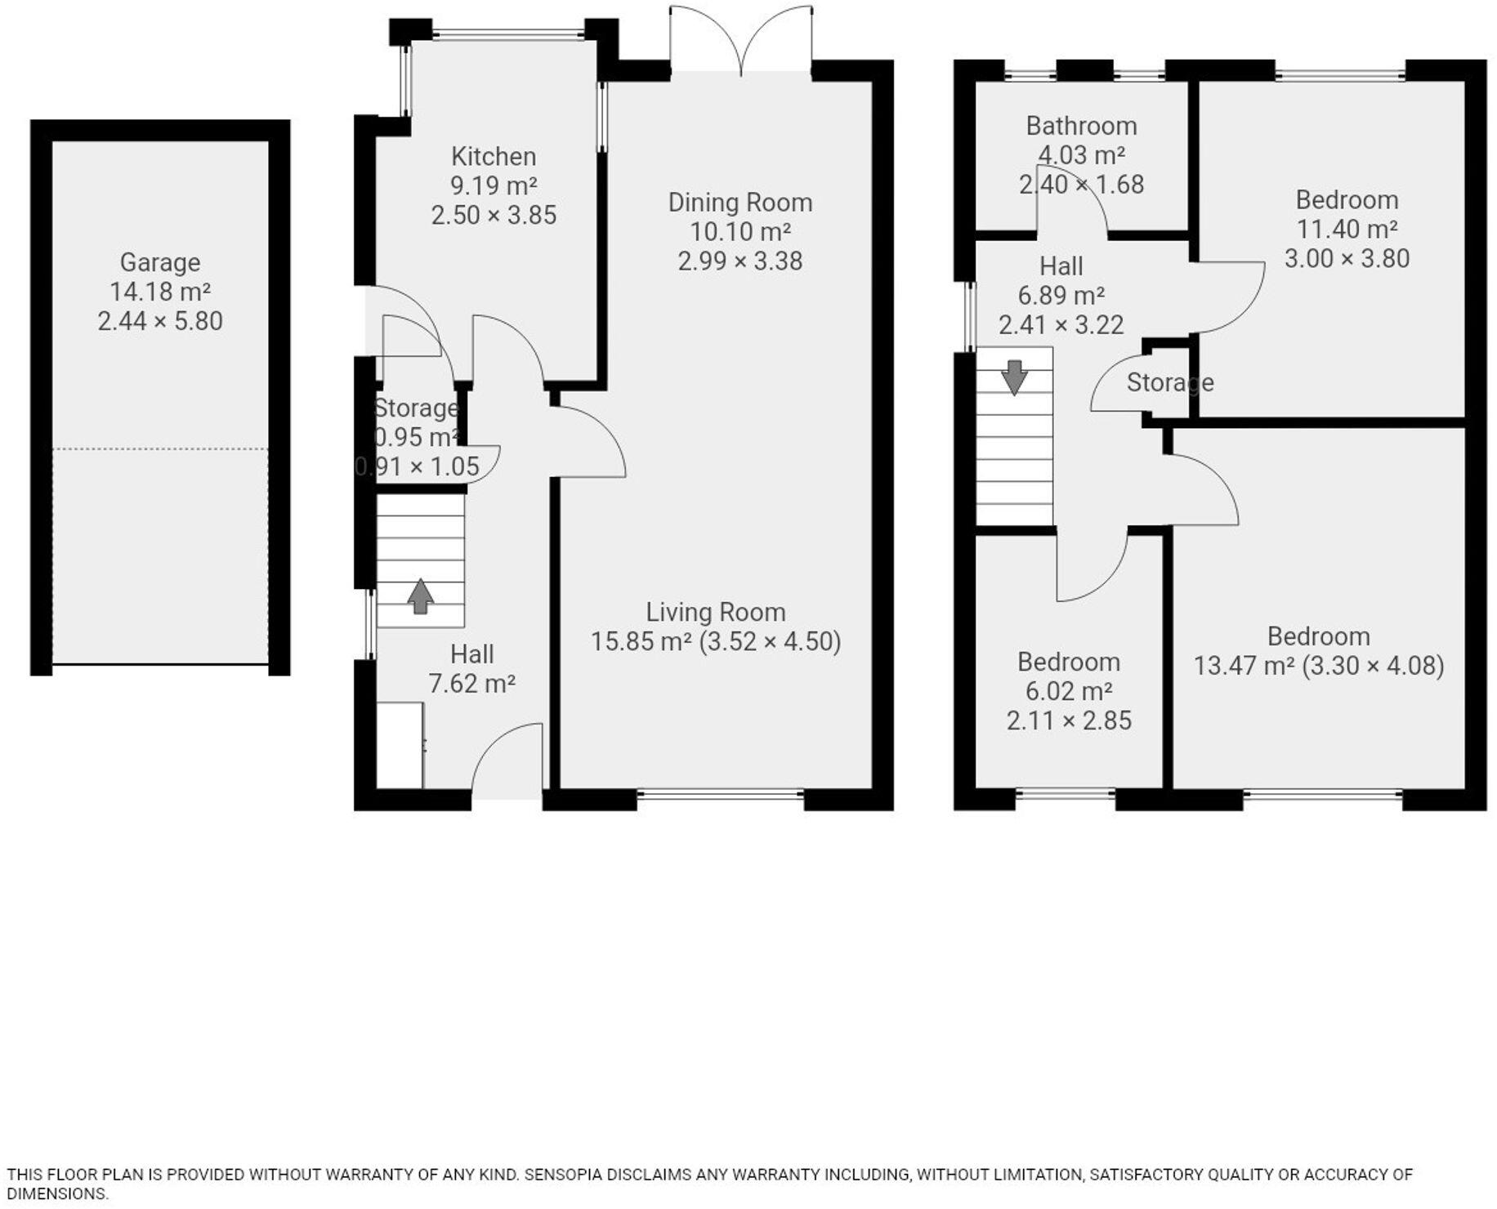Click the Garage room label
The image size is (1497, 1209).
160,262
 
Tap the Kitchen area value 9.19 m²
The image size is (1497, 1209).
494,185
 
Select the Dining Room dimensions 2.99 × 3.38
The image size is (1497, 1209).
740,261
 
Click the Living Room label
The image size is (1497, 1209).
716,612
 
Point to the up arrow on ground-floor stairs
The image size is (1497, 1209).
420,596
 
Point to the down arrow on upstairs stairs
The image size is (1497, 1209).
1014,377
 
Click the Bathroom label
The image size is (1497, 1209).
1081,126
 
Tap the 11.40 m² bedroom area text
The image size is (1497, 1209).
1347,230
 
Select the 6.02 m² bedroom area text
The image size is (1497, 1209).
1069,691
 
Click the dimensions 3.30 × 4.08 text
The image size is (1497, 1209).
1373,666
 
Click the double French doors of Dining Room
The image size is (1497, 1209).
741,41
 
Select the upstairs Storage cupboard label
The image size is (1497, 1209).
1169,382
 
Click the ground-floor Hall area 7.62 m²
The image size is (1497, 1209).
471,684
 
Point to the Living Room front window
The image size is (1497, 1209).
720,792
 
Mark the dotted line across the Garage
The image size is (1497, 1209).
160,448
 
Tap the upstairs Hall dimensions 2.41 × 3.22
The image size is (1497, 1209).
1061,325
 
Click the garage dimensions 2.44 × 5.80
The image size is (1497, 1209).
160,321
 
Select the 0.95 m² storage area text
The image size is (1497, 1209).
417,437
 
